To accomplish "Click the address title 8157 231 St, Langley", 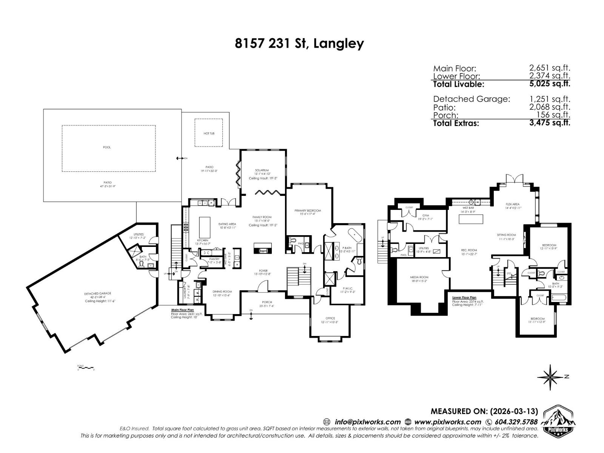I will (x=299, y=43).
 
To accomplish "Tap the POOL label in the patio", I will (x=107, y=147).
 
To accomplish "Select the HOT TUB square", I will (x=208, y=133).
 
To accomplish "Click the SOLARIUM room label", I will (x=262, y=170).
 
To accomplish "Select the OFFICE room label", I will (x=330, y=318).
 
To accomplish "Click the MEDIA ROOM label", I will (x=419, y=277).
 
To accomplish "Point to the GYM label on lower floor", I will (x=425, y=216).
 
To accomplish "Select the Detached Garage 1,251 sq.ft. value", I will (x=550, y=99).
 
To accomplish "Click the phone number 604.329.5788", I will (x=516, y=422).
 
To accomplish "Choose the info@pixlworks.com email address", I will (x=367, y=422).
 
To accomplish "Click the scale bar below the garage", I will (x=85, y=367).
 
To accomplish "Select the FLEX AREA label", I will (x=513, y=204).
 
